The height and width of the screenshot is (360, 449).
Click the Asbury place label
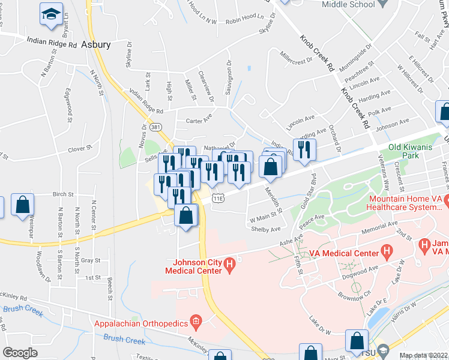tap(95, 45)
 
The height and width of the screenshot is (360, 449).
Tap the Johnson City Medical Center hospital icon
tap(228, 263)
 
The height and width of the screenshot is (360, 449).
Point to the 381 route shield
tap(155, 128)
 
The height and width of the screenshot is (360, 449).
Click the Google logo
tap(20, 353)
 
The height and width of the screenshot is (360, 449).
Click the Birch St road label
tap(63, 194)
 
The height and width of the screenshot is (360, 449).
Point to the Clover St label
tap(80, 147)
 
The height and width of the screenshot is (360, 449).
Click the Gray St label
tap(90, 260)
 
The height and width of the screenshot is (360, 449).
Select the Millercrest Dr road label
tap(297, 60)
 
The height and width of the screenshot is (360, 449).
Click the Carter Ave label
tap(199, 119)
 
